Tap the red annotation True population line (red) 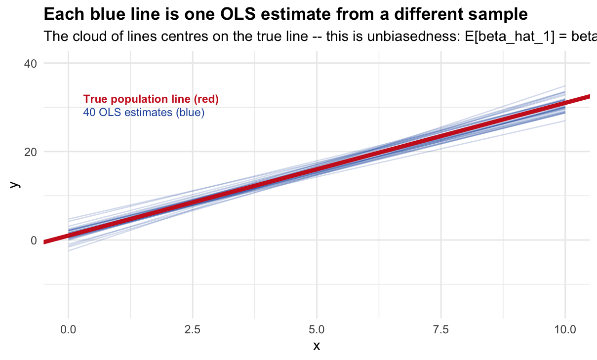151,99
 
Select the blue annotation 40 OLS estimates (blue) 144,113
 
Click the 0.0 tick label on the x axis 68,328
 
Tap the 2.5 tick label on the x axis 192,328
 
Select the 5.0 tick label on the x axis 317,328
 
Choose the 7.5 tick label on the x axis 440,328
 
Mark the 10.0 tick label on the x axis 565,328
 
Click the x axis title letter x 317,346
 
